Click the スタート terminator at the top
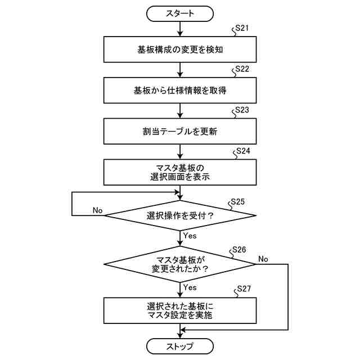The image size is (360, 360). [180, 13]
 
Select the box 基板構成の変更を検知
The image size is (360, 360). [180, 49]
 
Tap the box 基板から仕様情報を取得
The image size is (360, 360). [180, 90]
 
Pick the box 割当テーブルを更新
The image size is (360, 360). [180, 132]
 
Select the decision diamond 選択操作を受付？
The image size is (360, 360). [180, 215]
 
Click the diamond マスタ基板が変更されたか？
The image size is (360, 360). [180, 264]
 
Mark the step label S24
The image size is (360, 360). [243, 151]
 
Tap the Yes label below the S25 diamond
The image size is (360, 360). [190, 235]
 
